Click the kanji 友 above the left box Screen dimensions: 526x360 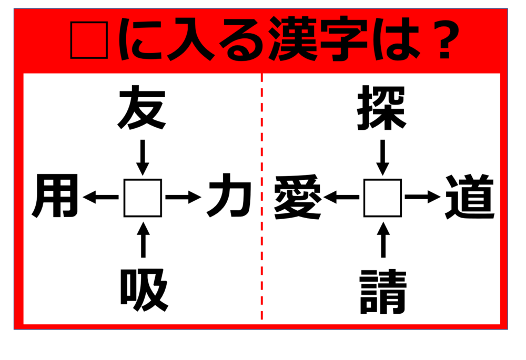[x=141, y=107]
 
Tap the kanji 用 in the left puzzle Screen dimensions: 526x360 [x=55, y=196]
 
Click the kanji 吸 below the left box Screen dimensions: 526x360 [x=144, y=290]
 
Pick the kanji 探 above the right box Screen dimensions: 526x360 [x=382, y=108]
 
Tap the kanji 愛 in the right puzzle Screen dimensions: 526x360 [x=298, y=197]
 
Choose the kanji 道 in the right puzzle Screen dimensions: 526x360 [x=470, y=197]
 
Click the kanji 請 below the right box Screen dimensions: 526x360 [x=383, y=292]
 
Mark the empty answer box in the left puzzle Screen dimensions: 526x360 [x=143, y=198]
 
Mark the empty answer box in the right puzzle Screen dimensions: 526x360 [x=383, y=198]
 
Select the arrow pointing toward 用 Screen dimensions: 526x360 [x=101, y=197]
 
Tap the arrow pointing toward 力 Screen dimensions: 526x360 [x=184, y=197]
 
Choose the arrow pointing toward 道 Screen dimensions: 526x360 [x=423, y=197]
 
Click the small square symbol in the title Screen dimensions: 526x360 [x=89, y=40]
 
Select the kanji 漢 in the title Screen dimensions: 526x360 [x=293, y=38]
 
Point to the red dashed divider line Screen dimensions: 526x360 [x=261, y=197]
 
